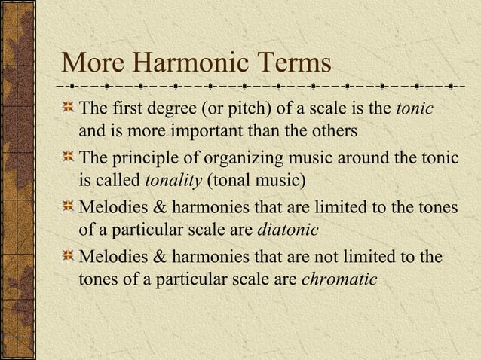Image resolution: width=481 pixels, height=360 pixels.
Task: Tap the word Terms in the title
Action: click(290, 63)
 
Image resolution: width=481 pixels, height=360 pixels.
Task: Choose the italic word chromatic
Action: click(339, 279)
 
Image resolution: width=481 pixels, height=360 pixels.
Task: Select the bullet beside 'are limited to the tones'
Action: click(69, 206)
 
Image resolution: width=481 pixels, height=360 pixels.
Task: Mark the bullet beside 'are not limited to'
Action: click(69, 255)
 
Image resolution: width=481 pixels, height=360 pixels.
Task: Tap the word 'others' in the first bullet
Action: click(332, 132)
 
